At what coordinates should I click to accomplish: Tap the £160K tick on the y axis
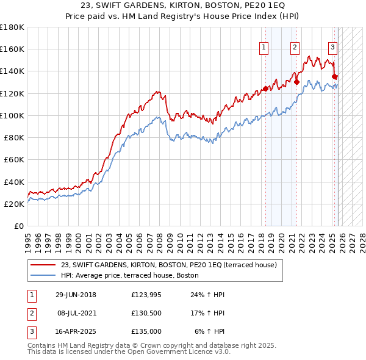(12, 49)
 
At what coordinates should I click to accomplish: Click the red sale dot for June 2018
(265, 88)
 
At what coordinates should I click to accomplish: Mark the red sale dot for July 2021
(296, 81)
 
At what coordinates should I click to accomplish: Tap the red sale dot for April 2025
(335, 76)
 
